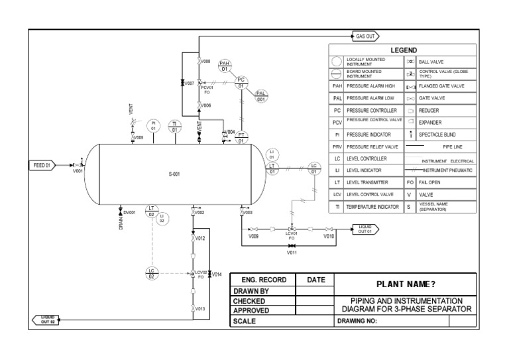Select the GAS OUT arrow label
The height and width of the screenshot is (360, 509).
click(367, 36)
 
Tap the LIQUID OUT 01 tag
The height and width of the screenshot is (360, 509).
click(364, 229)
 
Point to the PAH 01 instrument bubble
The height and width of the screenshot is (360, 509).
click(225, 65)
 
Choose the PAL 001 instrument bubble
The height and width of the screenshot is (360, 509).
click(261, 96)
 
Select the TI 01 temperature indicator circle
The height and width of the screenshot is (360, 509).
click(174, 126)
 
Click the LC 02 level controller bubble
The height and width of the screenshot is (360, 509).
click(152, 272)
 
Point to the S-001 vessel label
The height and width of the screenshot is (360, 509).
click(174, 174)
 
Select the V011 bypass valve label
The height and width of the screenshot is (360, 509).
click(292, 253)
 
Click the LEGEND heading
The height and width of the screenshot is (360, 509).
click(403, 50)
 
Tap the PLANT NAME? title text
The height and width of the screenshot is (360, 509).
click(406, 284)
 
